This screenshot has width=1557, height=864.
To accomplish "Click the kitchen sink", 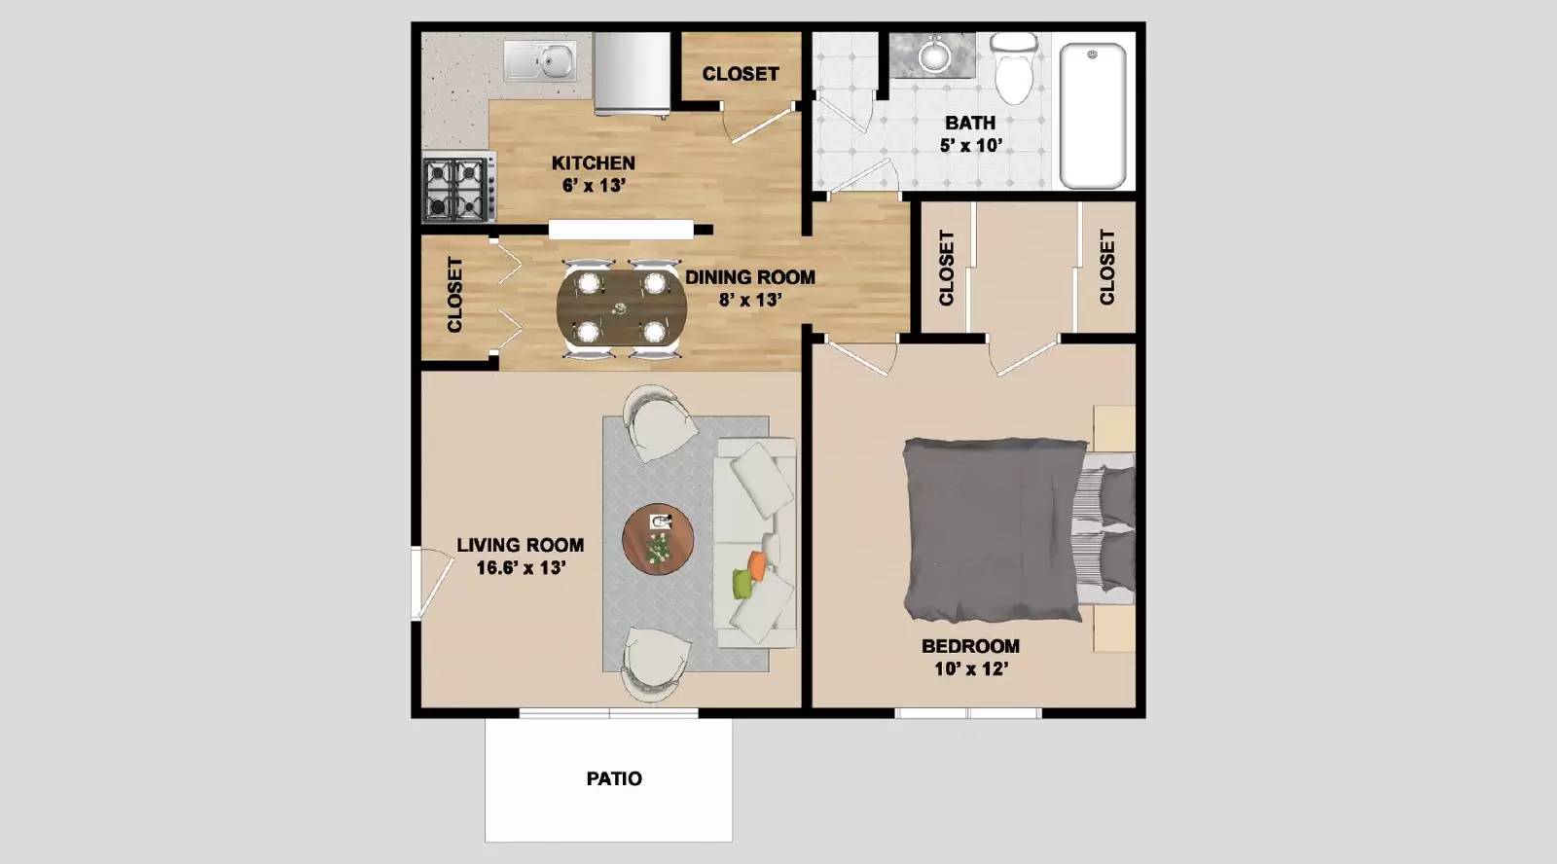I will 541,61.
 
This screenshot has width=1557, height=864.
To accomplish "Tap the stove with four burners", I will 456,189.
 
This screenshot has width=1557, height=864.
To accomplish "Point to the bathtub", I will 1092,115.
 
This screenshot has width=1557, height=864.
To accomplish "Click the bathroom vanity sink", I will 935,54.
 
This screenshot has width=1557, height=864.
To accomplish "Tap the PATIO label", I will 614,778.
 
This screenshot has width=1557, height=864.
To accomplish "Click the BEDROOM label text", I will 970,646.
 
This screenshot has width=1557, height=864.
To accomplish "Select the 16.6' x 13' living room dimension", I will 521,567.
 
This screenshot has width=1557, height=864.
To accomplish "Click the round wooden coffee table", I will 659,539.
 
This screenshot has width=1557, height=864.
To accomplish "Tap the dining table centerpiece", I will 621,309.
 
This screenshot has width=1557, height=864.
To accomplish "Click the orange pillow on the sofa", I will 758,563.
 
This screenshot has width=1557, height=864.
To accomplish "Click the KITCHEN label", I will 593,162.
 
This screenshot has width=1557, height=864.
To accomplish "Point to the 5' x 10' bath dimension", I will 970,145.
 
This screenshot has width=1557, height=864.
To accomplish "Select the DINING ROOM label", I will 749,277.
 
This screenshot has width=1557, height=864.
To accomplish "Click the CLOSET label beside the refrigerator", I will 741,74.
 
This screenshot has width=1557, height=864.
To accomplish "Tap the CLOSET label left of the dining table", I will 454,295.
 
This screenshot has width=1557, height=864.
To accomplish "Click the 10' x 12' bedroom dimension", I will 970,668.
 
